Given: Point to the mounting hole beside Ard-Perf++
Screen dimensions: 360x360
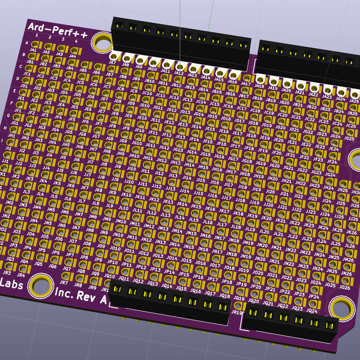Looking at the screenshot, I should point(103,41).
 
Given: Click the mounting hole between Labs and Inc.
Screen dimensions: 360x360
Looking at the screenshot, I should point(40,284).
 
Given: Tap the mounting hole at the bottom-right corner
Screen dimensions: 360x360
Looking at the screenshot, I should point(340,307).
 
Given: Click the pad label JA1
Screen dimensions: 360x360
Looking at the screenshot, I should point(33,50).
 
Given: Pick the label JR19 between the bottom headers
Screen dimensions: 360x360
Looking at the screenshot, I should point(237,313).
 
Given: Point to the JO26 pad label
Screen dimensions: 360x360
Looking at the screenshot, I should point(344,287).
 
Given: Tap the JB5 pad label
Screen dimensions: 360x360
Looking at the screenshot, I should point(83,70).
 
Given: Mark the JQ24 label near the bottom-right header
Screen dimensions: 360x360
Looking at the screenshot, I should point(312,311).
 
